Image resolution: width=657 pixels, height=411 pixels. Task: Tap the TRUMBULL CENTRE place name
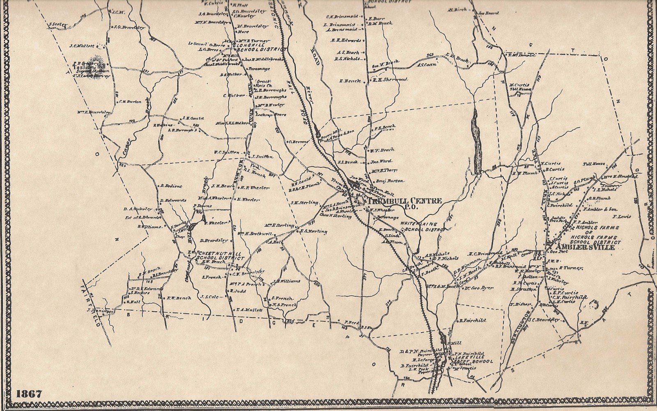pyautogui.click(x=405, y=201)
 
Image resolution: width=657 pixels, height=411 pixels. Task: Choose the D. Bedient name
pyautogui.click(x=169, y=186)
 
